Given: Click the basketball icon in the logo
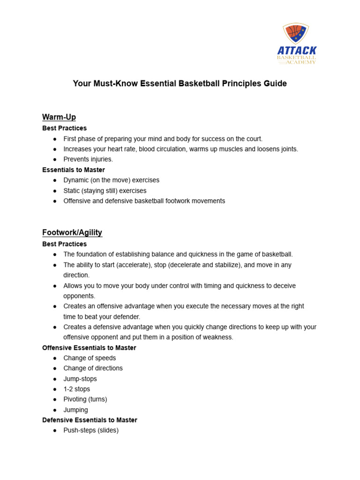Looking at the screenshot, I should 295,32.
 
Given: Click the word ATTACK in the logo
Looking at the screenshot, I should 297,50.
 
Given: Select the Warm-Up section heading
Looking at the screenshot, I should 59,117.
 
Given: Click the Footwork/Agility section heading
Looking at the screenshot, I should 72,232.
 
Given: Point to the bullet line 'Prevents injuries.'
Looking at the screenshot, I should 88,159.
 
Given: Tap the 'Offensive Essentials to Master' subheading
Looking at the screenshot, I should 89,348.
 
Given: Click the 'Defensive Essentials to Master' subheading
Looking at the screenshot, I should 90,420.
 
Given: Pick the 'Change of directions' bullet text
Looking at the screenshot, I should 93,368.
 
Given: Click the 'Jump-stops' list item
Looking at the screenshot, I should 80,379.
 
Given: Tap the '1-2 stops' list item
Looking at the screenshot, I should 77,389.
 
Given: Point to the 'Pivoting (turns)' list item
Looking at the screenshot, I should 85,399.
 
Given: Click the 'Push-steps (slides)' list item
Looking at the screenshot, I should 91,430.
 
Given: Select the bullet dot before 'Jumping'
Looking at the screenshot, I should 55,410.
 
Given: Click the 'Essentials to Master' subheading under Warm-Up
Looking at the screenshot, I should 74,170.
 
